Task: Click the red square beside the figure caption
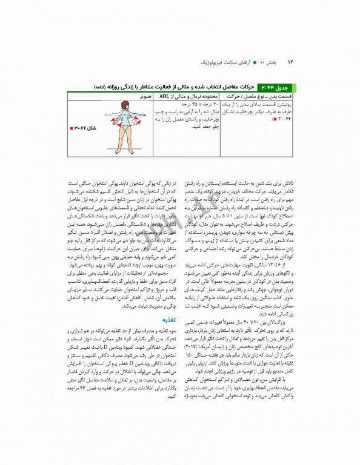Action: point(73,128)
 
